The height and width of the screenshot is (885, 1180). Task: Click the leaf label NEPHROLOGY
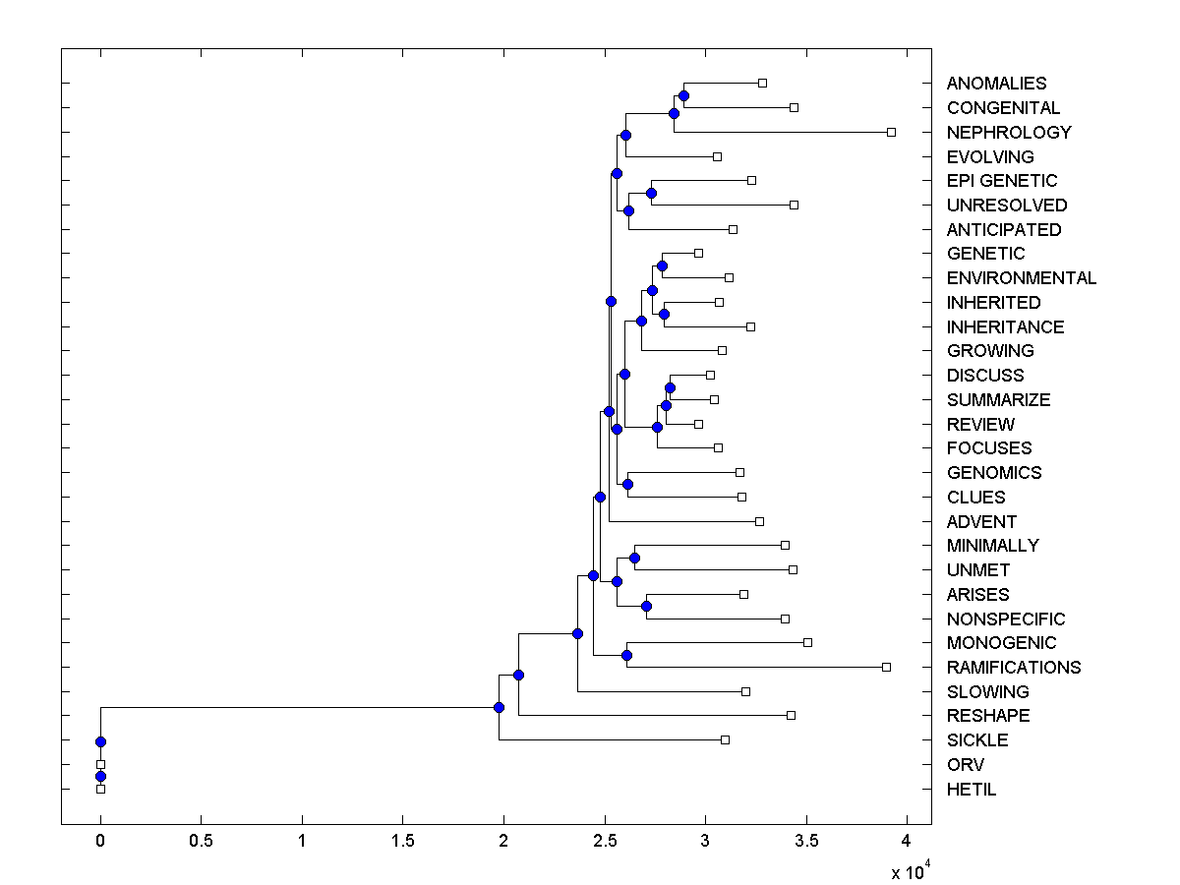point(1009,132)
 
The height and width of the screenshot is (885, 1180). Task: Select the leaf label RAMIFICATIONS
point(1014,667)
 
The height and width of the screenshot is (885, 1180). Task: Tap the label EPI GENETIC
point(1002,181)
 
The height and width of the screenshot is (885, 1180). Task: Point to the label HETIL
point(972,789)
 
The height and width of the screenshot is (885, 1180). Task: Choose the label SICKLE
point(977,740)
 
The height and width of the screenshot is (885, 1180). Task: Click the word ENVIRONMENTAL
point(1022,278)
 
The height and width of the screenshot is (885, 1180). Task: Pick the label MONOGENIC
point(1002,643)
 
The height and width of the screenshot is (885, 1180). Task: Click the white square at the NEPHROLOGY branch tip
point(891,132)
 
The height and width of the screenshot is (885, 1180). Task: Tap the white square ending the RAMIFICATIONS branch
point(886,667)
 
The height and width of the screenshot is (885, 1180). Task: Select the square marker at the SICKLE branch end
point(725,739)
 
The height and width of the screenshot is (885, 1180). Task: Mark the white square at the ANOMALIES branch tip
point(762,83)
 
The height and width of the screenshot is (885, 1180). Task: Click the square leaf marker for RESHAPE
point(791,715)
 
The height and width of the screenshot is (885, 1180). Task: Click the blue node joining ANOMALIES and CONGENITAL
point(683,95)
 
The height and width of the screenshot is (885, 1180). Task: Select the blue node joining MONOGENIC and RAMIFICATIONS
point(626,655)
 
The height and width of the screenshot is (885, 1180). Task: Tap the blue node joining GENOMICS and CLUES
point(627,484)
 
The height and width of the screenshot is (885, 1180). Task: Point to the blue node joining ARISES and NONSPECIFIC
point(646,606)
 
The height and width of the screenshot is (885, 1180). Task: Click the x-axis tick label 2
point(503,842)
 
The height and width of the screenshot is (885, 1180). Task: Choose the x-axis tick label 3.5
point(805,842)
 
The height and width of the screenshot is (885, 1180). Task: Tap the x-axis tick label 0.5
point(201,842)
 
